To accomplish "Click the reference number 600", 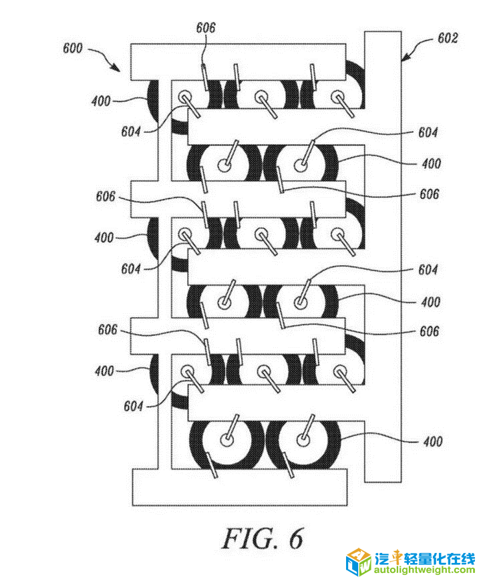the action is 72,48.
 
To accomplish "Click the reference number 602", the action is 448,38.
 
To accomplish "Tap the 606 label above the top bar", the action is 206,27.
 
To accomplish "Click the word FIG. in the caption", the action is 250,538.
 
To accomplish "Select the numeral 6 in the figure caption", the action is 296,538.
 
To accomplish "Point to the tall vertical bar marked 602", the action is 383,256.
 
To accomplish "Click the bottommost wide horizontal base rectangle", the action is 240,487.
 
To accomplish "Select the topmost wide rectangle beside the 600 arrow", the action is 238,62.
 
